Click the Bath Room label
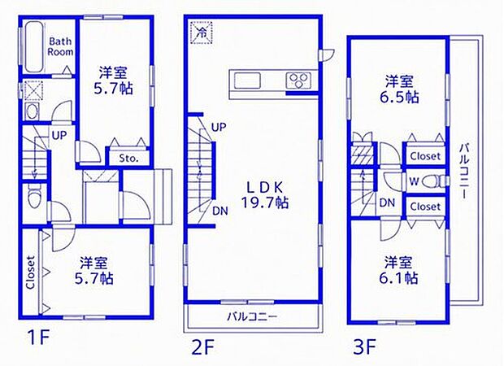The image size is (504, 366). (61, 46)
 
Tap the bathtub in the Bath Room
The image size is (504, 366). (34, 47)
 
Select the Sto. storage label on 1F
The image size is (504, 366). (128, 159)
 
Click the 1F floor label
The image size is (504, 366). (38, 339)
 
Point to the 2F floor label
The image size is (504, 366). (202, 347)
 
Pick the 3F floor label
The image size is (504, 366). (364, 346)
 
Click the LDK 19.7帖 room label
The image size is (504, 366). (264, 195)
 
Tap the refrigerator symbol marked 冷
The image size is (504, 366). (202, 33)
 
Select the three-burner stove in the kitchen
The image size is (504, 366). (298, 80)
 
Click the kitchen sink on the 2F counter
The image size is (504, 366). (247, 80)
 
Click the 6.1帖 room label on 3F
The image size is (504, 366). (398, 270)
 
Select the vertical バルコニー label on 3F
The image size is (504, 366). (464, 171)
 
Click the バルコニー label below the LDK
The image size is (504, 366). (252, 317)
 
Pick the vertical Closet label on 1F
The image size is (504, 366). (30, 272)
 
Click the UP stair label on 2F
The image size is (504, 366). (219, 128)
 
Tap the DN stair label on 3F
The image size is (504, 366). (387, 203)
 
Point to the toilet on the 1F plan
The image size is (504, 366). (34, 197)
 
